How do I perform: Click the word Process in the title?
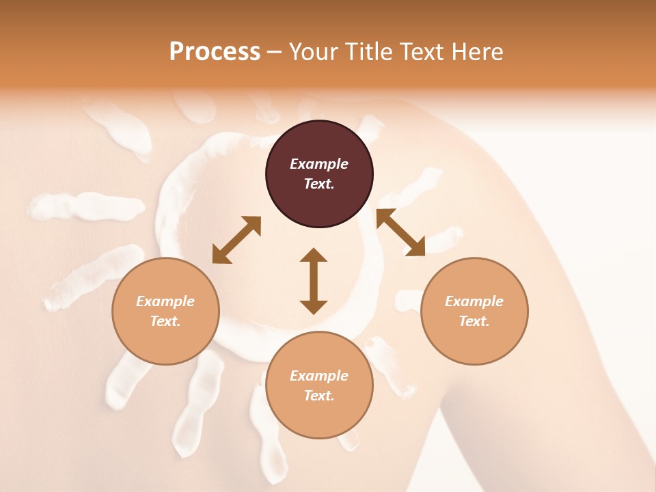(215, 51)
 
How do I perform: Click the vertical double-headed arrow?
(314, 281)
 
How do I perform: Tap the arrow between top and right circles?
(401, 232)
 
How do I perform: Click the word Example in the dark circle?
(319, 164)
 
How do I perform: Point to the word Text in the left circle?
(165, 321)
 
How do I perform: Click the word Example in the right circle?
(474, 301)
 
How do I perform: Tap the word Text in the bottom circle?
(319, 396)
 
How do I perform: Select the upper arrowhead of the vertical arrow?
(314, 255)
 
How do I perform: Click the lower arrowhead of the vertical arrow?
(314, 307)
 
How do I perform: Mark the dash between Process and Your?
(274, 52)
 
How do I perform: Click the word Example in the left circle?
(165, 301)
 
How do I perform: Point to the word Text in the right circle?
(474, 321)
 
